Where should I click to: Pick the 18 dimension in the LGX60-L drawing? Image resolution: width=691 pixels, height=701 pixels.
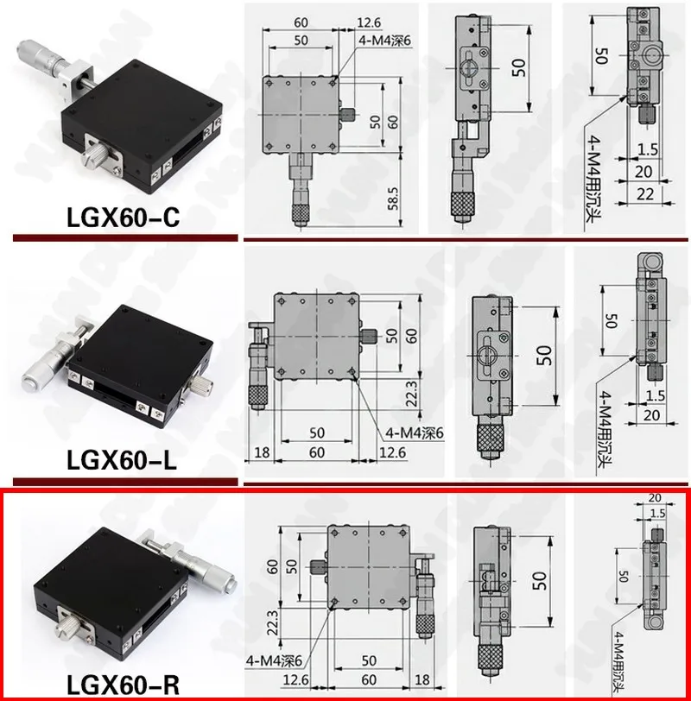(x=260, y=452)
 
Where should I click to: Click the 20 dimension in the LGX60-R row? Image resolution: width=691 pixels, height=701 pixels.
(x=654, y=498)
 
